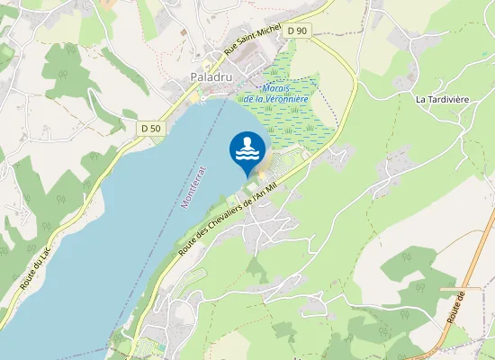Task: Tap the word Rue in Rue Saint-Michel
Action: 231,53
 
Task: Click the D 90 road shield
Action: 297,31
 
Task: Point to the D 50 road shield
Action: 151,129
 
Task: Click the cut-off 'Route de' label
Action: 454,307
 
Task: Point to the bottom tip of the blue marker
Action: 247,176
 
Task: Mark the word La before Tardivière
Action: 420,97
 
